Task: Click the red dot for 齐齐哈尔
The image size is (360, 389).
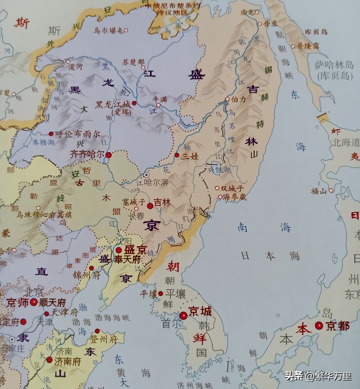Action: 109,155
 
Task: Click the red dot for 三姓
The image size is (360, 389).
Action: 177,155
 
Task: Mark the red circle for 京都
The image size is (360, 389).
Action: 319,326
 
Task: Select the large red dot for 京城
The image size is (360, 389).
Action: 183,315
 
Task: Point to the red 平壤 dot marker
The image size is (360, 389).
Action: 160,293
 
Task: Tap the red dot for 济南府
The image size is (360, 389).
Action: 50,360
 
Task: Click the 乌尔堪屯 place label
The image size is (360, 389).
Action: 110,31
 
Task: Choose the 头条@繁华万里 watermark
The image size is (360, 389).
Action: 318,376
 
